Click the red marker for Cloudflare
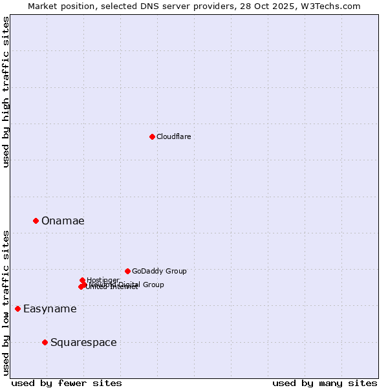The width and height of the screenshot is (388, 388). pyautogui.click(x=152, y=136)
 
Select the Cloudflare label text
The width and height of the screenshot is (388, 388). pyautogui.click(x=173, y=136)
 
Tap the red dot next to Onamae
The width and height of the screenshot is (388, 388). pyautogui.click(x=36, y=221)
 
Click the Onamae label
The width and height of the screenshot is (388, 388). pyautogui.click(x=63, y=221)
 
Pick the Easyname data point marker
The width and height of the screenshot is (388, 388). pyautogui.click(x=17, y=308)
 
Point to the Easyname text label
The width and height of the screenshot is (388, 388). pyautogui.click(x=50, y=308)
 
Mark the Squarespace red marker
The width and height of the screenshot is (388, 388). pyautogui.click(x=45, y=342)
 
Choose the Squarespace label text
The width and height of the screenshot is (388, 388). pyautogui.click(x=83, y=342)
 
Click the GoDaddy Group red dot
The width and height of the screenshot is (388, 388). pyautogui.click(x=127, y=271)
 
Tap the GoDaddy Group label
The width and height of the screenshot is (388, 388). pyautogui.click(x=159, y=271)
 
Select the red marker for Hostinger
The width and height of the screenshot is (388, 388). pyautogui.click(x=82, y=280)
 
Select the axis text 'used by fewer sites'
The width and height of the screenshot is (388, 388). pyautogui.click(x=67, y=383)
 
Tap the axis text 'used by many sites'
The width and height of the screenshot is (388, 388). pyautogui.click(x=325, y=383)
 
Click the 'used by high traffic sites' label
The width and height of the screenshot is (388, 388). pyautogui.click(x=6, y=92)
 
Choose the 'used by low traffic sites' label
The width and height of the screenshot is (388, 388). pyautogui.click(x=6, y=303)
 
